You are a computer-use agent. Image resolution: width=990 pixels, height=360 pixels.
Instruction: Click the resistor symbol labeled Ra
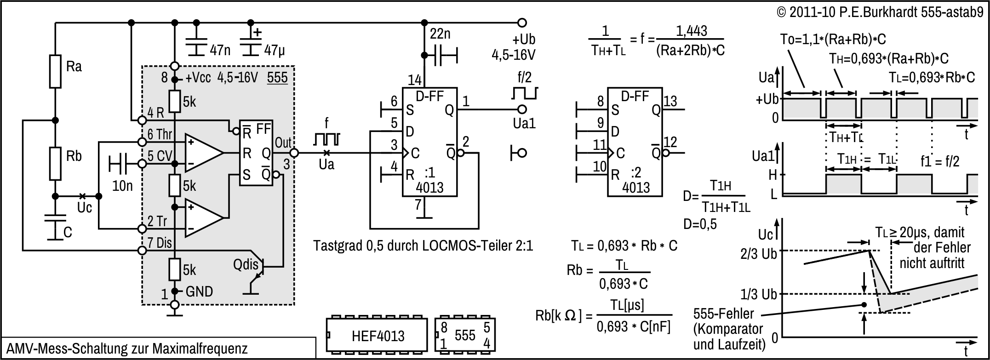55,71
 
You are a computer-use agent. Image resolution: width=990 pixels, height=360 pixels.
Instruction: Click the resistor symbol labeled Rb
55,164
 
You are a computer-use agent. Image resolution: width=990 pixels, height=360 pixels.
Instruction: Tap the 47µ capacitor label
275,50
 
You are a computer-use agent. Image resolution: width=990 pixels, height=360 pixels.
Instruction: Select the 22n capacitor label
441,34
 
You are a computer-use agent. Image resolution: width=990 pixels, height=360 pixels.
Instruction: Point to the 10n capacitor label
122,185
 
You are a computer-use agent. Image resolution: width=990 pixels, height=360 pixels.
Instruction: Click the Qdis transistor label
246,265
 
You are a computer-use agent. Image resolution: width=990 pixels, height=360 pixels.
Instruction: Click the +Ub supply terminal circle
521,22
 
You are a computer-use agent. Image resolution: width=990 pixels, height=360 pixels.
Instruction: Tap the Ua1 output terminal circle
521,109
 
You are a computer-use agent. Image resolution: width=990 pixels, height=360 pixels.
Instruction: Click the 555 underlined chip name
277,77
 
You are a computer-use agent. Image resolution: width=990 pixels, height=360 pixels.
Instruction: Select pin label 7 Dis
159,243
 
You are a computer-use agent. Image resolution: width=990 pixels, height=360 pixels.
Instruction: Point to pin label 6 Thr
160,134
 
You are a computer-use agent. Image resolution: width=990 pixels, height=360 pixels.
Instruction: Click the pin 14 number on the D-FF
414,80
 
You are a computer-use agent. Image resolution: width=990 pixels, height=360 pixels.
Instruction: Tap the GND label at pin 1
199,291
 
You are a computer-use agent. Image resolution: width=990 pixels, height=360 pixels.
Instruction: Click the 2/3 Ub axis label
758,254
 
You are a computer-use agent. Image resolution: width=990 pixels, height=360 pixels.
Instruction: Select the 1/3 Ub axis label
758,294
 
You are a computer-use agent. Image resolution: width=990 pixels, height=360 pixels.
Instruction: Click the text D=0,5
699,225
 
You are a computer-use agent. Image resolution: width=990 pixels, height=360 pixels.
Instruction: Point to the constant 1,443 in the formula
691,31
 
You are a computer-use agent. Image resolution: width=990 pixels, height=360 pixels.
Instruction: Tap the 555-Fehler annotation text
723,314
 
